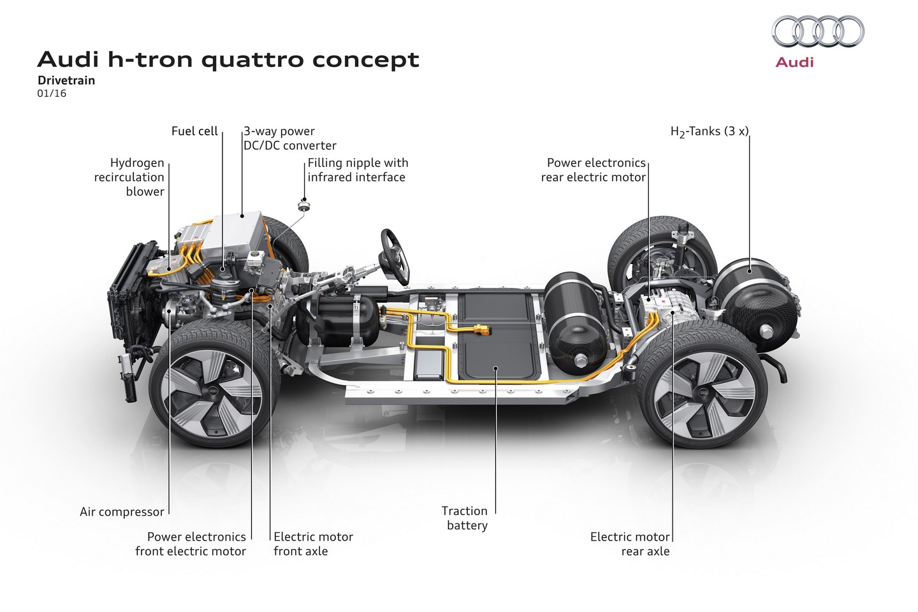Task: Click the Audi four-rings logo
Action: pyautogui.click(x=818, y=31)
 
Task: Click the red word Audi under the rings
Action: pyautogui.click(x=794, y=62)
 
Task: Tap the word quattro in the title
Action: pyautogui.click(x=253, y=60)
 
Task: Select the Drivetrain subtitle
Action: pyautogui.click(x=66, y=80)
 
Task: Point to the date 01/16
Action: pyautogui.click(x=52, y=94)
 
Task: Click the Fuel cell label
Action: pyautogui.click(x=194, y=131)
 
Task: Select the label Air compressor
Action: pyautogui.click(x=122, y=512)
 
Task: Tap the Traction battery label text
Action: pyautogui.click(x=465, y=518)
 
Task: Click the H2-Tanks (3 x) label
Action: pyautogui.click(x=709, y=132)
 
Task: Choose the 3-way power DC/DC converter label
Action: pyautogui.click(x=289, y=138)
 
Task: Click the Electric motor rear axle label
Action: pyautogui.click(x=630, y=544)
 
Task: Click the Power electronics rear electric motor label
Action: pyautogui.click(x=594, y=170)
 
